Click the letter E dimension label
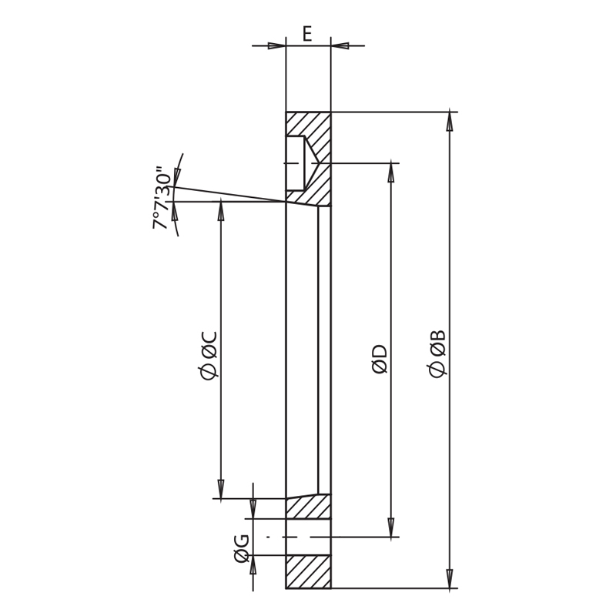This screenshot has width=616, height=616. pyautogui.click(x=307, y=33)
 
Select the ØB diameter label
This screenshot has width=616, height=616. pyautogui.click(x=437, y=353)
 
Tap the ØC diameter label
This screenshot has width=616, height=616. pyautogui.click(x=208, y=356)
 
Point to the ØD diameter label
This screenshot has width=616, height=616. pyautogui.click(x=380, y=360)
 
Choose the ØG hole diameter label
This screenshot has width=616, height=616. pyautogui.click(x=241, y=548)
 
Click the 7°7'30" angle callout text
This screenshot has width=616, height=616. pyautogui.click(x=162, y=198)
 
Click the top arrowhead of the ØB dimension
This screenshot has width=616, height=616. pyautogui.click(x=450, y=122)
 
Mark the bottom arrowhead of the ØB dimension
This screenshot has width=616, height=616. pyautogui.click(x=450, y=579)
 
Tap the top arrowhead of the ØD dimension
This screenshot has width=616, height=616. pyautogui.click(x=390, y=172)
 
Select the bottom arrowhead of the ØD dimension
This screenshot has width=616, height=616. pyautogui.click(x=390, y=527)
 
